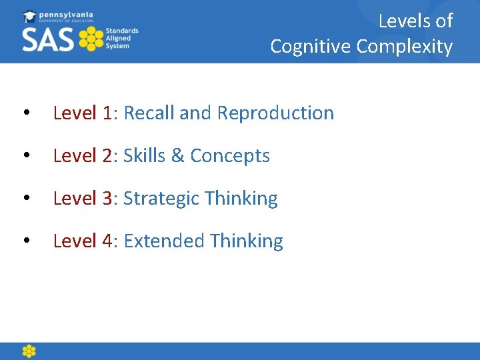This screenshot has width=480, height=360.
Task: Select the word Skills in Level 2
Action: click(145, 156)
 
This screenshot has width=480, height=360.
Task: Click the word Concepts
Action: click(230, 156)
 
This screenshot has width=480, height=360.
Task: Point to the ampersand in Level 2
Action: click(177, 156)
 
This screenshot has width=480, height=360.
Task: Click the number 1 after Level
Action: click(108, 113)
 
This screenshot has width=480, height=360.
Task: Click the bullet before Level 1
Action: click(25, 114)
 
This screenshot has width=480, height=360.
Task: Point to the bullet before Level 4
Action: click(25, 242)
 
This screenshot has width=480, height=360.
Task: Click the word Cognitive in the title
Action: click(311, 47)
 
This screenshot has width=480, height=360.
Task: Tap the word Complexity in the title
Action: click(405, 47)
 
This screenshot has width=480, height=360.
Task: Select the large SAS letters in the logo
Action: click(48, 39)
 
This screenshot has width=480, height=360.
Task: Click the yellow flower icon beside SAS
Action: click(91, 39)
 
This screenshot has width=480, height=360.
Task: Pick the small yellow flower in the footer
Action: click(29, 351)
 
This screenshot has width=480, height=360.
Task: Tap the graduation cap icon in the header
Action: click(29, 16)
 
